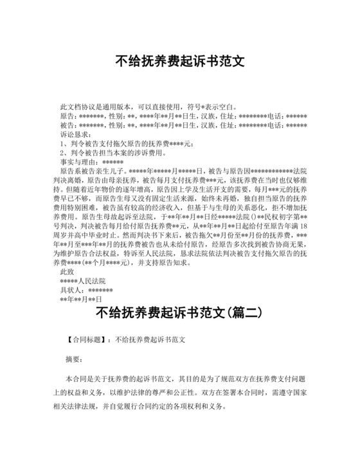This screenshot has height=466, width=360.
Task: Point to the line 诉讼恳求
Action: click(x=75, y=135)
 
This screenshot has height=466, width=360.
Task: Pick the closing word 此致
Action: click(x=67, y=272)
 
